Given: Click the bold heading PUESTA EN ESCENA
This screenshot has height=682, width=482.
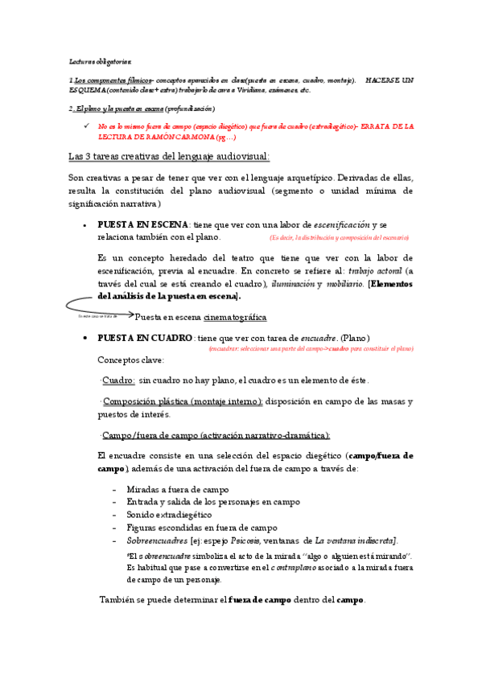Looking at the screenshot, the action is [x=143, y=224].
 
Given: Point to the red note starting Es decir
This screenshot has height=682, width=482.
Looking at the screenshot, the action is [x=339, y=238].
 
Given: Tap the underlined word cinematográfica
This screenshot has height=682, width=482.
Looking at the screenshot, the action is [x=234, y=317].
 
